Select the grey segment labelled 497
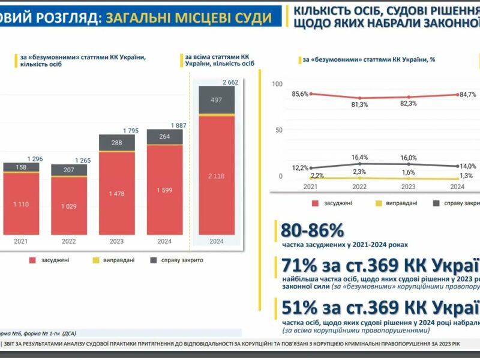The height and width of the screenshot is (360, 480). coord(217,99)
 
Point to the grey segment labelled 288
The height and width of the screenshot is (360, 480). coord(116,143)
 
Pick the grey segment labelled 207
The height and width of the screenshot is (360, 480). coord(68,170)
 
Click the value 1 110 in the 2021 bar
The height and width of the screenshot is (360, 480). coord(20,205)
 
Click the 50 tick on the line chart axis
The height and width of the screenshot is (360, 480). coord(278,130)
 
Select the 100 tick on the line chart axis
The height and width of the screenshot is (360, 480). coord(277,84)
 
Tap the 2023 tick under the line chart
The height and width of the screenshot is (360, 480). coord(409,186)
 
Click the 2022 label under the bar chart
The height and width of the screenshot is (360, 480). coord(68,242)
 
